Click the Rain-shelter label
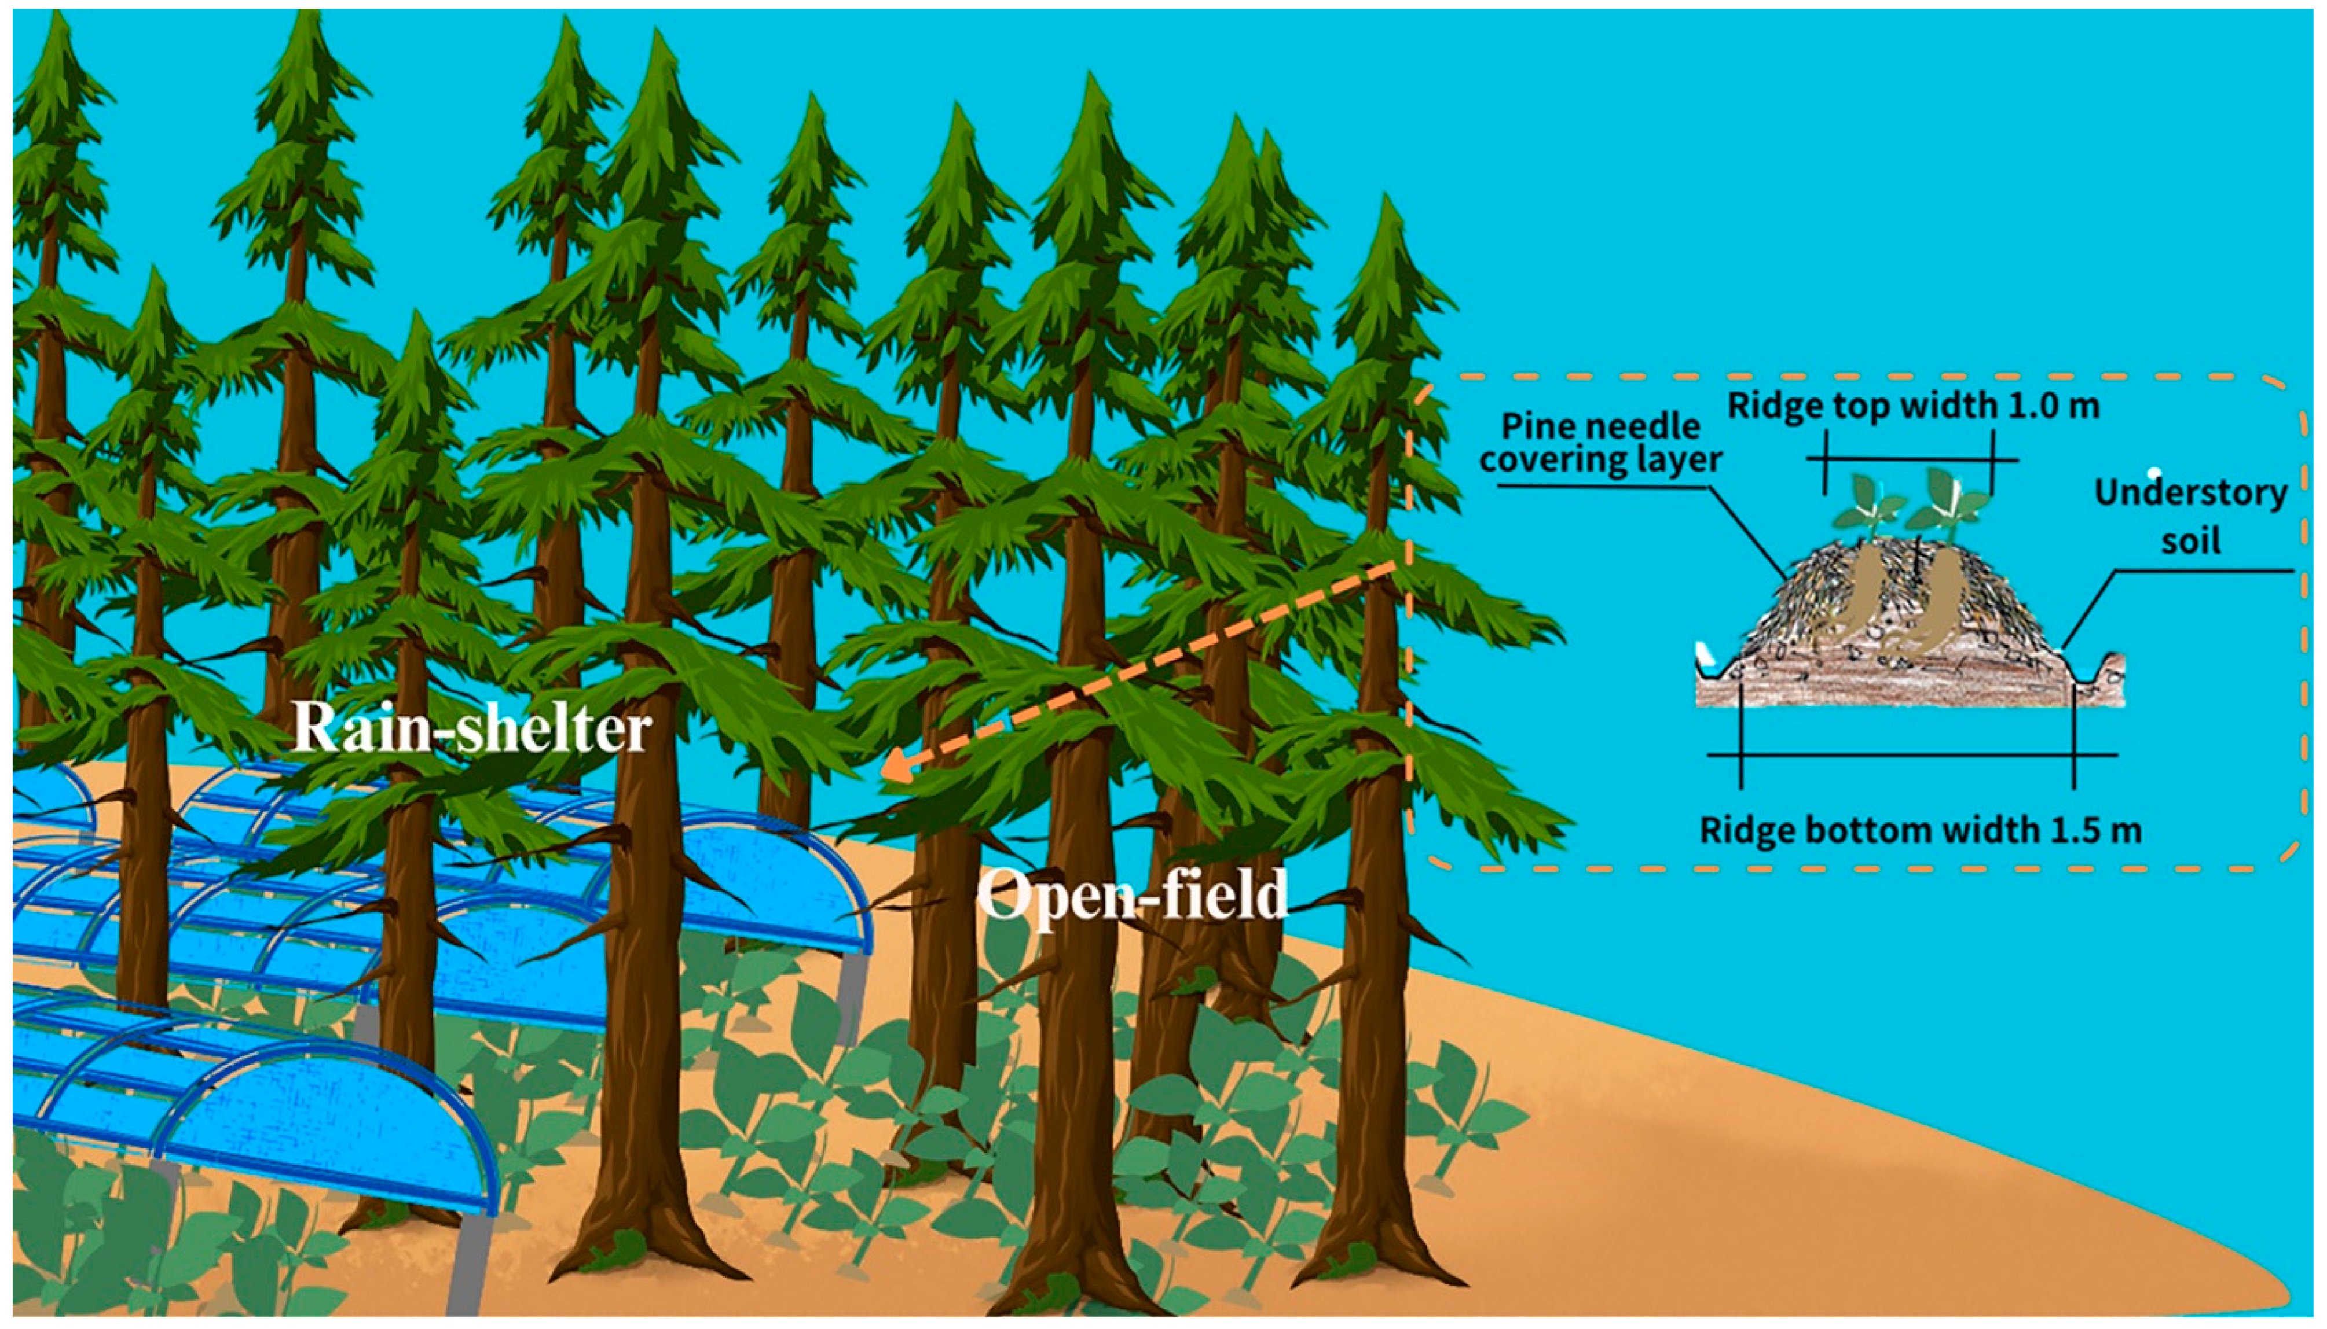(472, 730)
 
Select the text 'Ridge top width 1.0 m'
(1913, 404)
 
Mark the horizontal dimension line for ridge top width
(1909, 459)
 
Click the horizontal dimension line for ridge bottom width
(1913, 755)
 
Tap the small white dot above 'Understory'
(2154, 472)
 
